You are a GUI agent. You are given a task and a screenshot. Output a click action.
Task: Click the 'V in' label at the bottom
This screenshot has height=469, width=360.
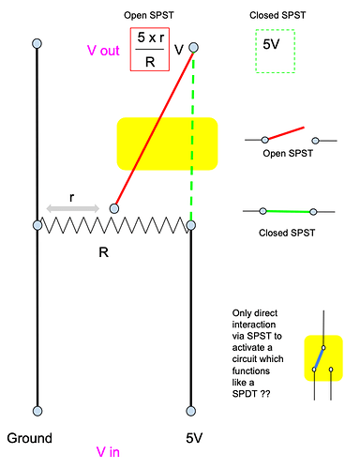click(112, 451)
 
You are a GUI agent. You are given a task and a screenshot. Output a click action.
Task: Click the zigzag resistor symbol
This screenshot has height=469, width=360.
click(114, 225)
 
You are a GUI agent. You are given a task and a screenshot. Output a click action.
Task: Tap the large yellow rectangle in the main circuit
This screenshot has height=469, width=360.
click(167, 144)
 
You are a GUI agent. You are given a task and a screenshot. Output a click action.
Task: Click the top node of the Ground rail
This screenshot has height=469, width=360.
click(37, 44)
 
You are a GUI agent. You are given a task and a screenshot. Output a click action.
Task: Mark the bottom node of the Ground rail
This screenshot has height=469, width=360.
click(37, 410)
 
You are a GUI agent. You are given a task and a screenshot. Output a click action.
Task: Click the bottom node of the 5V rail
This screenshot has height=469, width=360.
click(191, 410)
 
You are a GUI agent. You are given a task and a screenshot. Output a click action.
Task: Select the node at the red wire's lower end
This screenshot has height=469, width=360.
click(114, 208)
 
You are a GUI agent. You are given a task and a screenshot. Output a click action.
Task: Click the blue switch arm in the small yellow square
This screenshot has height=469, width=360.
click(320, 358)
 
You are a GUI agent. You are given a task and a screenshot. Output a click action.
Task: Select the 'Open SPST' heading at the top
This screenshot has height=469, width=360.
click(151, 17)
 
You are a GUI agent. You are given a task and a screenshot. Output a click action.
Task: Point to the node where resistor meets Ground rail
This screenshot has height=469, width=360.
click(37, 225)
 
